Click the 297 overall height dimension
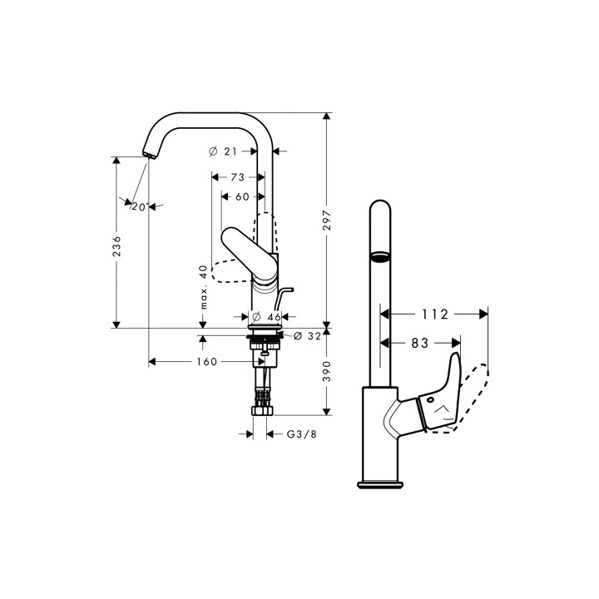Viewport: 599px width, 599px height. (328, 219)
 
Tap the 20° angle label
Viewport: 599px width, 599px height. (139, 206)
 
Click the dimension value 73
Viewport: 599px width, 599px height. (237, 177)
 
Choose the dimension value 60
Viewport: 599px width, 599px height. (242, 196)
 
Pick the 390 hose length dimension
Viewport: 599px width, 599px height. (328, 371)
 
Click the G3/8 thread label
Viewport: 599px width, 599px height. (300, 433)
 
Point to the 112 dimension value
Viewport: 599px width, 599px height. (434, 314)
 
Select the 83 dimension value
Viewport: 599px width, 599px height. (420, 342)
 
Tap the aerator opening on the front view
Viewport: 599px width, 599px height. (379, 256)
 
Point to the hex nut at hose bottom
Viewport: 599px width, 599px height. (265, 410)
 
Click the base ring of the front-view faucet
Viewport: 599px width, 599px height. (380, 483)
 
